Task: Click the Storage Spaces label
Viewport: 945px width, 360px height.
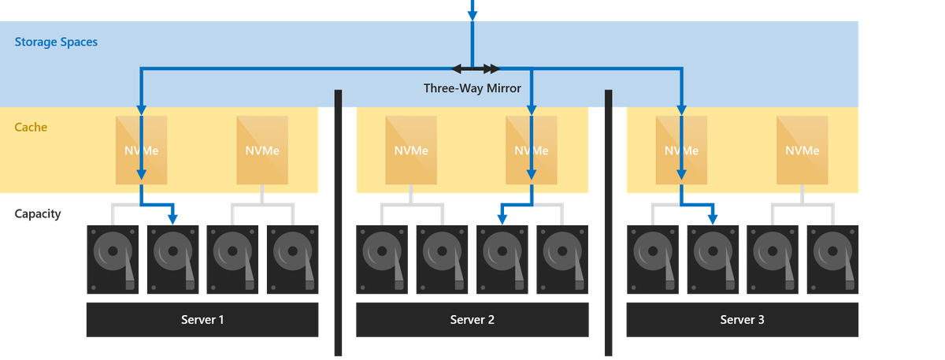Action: (56, 42)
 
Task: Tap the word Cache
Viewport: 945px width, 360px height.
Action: (31, 127)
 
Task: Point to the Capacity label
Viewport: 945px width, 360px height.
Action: (37, 214)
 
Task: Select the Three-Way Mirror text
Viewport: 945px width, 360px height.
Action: (472, 88)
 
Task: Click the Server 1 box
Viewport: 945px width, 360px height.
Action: (202, 320)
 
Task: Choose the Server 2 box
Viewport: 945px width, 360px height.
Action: (472, 320)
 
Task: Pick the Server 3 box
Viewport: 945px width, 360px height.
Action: (742, 320)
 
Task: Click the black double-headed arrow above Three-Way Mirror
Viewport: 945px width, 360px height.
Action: (476, 69)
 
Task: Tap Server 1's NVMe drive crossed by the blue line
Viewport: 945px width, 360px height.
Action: (142, 150)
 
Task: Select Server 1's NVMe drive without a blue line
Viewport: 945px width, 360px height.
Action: (262, 150)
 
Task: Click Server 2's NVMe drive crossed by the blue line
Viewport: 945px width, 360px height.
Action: (532, 150)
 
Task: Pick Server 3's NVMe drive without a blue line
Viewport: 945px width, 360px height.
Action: (802, 150)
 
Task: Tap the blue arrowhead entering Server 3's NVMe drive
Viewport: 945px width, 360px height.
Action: (682, 107)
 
